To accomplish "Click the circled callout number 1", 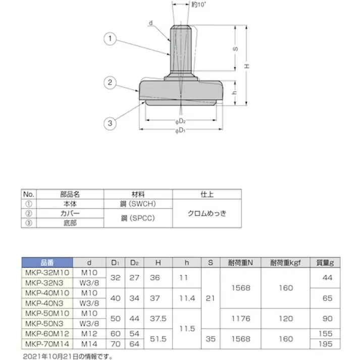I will [x=110, y=38].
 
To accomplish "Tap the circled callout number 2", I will [x=110, y=82].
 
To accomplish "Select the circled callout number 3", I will [x=110, y=122].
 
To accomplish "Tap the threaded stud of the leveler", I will [x=181, y=50].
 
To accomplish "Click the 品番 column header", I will [x=48, y=263].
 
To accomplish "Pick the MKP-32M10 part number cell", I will [x=48, y=272].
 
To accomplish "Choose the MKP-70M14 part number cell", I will [x=48, y=344].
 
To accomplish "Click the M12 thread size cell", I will [x=89, y=334].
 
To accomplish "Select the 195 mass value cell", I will [x=327, y=344].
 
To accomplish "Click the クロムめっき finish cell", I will [x=207, y=213].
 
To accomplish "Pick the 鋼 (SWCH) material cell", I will [x=138, y=203].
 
